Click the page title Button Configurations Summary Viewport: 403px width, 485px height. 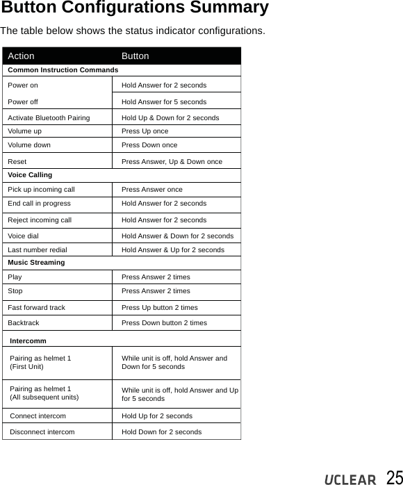click(134, 8)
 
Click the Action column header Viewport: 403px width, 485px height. click(21, 56)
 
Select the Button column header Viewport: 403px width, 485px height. click(135, 56)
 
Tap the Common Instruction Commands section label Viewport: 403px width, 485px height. click(63, 70)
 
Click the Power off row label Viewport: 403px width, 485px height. click(23, 101)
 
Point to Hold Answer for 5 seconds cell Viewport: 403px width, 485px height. click(164, 101)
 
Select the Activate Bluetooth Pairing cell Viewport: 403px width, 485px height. click(49, 118)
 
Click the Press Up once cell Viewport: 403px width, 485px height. click(145, 131)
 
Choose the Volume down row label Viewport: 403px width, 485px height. click(29, 146)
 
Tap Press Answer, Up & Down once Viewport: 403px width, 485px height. click(172, 162)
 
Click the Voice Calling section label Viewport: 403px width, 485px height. click(30, 175)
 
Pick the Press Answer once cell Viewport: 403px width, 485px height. click(152, 190)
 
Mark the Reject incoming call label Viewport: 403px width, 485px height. click(40, 220)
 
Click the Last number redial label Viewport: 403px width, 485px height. click(38, 249)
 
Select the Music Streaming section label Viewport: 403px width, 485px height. click(36, 263)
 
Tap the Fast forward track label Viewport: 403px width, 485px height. click(37, 307)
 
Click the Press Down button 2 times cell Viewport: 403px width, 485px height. click(164, 323)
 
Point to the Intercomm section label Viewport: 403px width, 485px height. click(28, 341)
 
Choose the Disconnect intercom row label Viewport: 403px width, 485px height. click(42, 432)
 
